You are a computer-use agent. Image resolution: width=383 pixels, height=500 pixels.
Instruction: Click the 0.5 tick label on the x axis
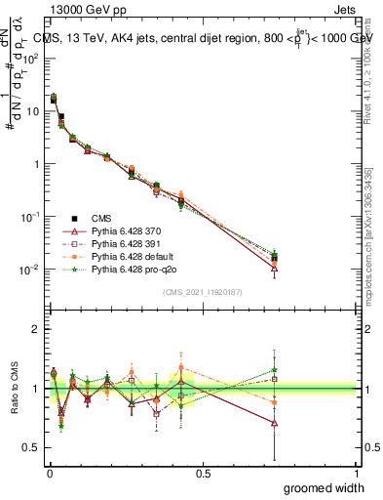[203, 473]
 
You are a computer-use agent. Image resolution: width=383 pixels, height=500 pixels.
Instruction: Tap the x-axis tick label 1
[356, 473]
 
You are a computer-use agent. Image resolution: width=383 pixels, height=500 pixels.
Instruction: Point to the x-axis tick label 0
[49, 473]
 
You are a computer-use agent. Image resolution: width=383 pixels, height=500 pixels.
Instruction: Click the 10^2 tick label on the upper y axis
[31, 58]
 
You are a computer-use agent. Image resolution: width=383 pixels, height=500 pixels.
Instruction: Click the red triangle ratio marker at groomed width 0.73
[275, 423]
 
